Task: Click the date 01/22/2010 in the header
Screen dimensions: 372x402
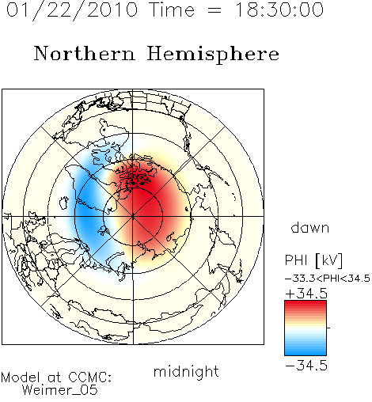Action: point(72,10)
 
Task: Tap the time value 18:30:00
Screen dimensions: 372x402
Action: point(279,9)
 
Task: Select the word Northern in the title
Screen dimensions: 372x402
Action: point(85,54)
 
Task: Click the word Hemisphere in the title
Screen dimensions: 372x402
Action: point(213,55)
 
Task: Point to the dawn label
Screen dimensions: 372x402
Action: point(310,227)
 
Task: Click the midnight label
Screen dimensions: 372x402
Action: point(186,372)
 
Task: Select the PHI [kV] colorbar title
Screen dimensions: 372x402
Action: point(313,260)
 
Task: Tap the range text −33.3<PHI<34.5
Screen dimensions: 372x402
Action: point(328,279)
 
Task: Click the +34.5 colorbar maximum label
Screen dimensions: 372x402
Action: point(306,294)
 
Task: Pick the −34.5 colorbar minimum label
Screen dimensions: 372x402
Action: point(306,366)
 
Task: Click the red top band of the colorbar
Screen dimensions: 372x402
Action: point(306,304)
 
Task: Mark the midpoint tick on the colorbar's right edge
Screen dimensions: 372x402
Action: point(328,328)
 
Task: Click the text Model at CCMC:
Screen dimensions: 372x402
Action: point(56,377)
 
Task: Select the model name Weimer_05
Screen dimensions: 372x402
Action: point(60,389)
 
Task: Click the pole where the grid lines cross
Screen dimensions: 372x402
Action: point(133,217)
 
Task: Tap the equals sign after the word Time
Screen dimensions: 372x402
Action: point(214,10)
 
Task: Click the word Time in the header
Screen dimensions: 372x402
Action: point(173,9)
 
